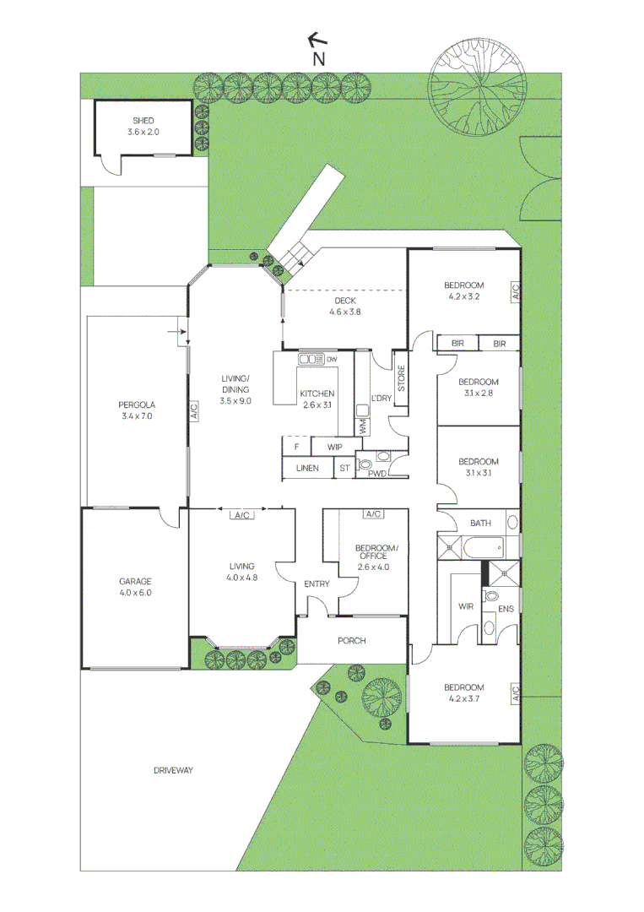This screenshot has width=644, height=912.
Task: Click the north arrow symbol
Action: (317, 40)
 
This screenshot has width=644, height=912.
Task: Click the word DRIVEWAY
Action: (174, 770)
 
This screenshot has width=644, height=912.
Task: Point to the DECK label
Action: (344, 301)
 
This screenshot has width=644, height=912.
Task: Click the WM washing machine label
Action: (362, 428)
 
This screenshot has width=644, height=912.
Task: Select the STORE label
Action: (401, 377)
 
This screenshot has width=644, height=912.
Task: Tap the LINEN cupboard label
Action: (307, 468)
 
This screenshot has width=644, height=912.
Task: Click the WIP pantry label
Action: (333, 446)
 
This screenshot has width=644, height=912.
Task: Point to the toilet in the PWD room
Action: (365, 464)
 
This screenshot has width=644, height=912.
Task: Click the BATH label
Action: (479, 524)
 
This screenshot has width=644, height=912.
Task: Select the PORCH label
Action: (351, 641)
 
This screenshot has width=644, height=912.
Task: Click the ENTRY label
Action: (317, 584)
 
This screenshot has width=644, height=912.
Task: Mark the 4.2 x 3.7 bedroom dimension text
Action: (466, 698)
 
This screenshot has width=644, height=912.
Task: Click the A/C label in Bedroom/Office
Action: (372, 514)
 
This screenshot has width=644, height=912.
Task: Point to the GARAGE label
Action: (135, 581)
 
